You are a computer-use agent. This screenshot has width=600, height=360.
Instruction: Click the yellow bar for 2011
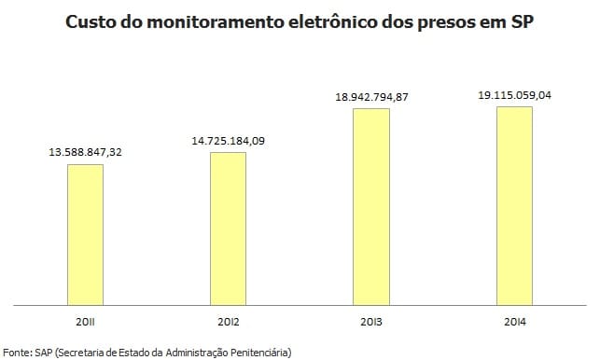pyautogui.click(x=85, y=234)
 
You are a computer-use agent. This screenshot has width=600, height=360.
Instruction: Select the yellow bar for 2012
pyautogui.click(x=228, y=228)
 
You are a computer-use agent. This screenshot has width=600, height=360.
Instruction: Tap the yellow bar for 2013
pyautogui.click(x=370, y=206)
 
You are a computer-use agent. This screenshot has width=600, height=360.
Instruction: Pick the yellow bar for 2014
pyautogui.click(x=513, y=205)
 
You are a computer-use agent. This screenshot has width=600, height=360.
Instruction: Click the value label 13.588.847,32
pyautogui.click(x=85, y=151)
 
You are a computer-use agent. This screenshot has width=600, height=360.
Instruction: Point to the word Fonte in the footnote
pyautogui.click(x=17, y=352)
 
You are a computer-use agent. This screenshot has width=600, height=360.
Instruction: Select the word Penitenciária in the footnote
pyautogui.click(x=260, y=352)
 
